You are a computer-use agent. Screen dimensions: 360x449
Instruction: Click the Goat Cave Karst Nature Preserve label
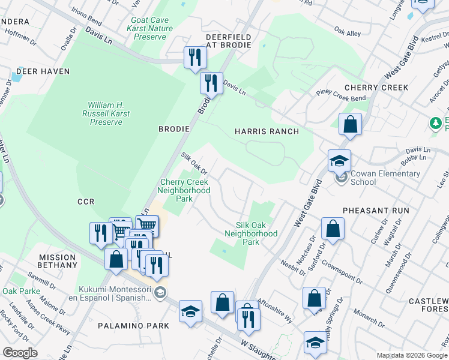pyautogui.click(x=150, y=28)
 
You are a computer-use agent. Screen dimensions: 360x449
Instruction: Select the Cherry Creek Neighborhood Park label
pyautogui.click(x=184, y=190)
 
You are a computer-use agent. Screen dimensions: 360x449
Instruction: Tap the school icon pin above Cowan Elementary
pyautogui.click(x=339, y=161)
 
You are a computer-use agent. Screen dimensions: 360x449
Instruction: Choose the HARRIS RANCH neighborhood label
pyautogui.click(x=267, y=131)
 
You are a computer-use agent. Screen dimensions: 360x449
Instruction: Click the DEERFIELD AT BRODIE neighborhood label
pyautogui.click(x=229, y=41)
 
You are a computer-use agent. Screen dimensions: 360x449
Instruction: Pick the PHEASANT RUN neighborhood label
pyautogui.click(x=376, y=211)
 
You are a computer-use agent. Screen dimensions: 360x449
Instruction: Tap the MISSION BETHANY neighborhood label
pyautogui.click(x=58, y=261)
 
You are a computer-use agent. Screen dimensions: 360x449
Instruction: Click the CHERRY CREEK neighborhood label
pyautogui.click(x=378, y=88)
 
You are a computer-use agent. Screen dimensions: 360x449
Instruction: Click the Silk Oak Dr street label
pyautogui.click(x=194, y=163)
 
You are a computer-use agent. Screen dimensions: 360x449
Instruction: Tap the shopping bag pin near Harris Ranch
pyautogui.click(x=350, y=125)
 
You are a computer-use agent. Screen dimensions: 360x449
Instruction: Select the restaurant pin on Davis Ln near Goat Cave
pyautogui.click(x=194, y=58)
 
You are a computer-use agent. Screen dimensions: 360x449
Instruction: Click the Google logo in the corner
pyautogui.click(x=20, y=353)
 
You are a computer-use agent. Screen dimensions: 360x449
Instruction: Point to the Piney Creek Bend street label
pyautogui.click(x=340, y=95)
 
